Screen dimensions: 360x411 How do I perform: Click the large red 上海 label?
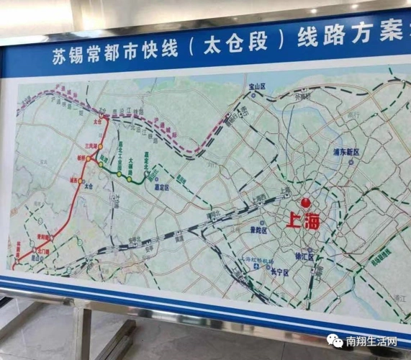tap(302, 221)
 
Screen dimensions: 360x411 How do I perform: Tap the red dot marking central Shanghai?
tap(305, 203)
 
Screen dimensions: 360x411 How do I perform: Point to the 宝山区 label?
tap(257, 86)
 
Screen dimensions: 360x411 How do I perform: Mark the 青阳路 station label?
tap(43, 236)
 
